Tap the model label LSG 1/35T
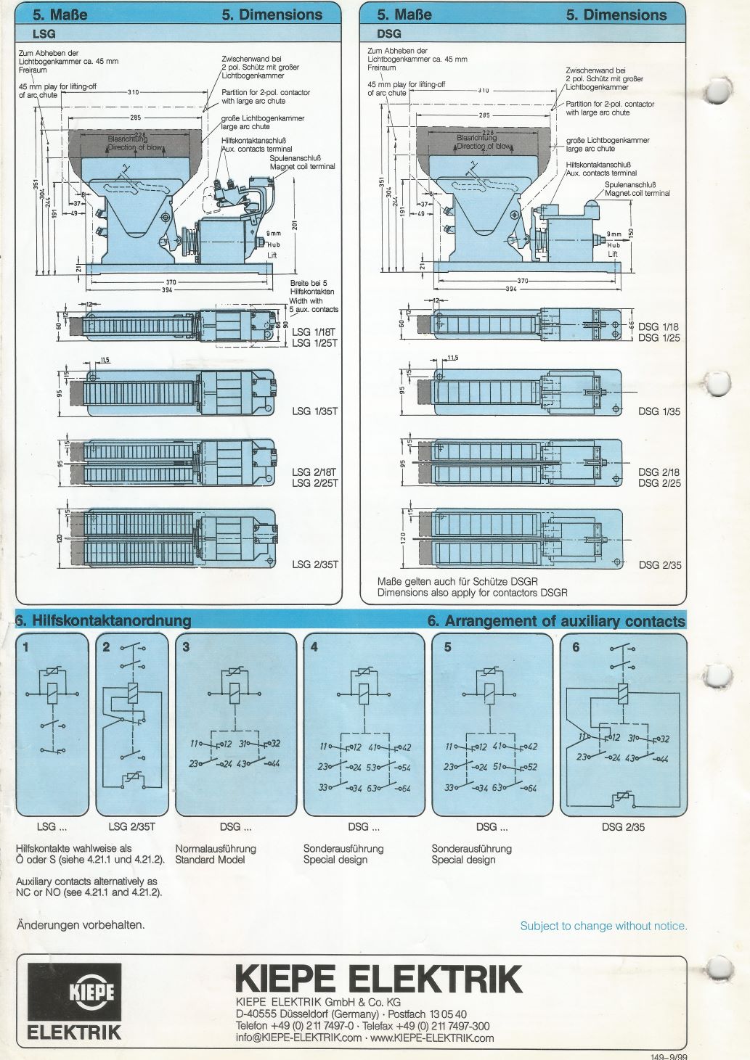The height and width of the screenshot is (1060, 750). click(x=315, y=411)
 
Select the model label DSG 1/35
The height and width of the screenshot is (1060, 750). click(x=659, y=411)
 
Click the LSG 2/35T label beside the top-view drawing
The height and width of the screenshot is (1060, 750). click(x=315, y=564)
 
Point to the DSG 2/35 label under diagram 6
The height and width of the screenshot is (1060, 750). click(x=623, y=827)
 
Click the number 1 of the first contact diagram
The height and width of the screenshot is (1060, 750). click(x=25, y=646)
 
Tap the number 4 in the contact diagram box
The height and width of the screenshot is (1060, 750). click(x=314, y=646)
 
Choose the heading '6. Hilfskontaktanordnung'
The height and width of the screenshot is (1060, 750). click(x=103, y=620)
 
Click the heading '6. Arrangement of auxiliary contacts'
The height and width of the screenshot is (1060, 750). click(x=556, y=621)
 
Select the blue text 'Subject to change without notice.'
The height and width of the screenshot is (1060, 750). click(x=603, y=926)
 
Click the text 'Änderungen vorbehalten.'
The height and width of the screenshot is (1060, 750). click(x=81, y=924)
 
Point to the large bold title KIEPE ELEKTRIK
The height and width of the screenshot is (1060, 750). click(x=378, y=979)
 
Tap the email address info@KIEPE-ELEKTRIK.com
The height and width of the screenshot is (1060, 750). click(x=298, y=1038)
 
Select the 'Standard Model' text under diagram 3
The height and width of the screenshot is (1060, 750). click(x=210, y=860)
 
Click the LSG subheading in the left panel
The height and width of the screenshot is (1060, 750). click(x=44, y=33)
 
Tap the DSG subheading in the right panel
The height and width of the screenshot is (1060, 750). click(x=388, y=33)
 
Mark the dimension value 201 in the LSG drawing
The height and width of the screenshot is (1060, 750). click(x=295, y=225)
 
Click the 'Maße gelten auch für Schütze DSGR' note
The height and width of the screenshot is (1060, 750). click(x=457, y=581)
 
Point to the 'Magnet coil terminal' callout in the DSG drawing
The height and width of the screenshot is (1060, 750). click(x=637, y=193)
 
